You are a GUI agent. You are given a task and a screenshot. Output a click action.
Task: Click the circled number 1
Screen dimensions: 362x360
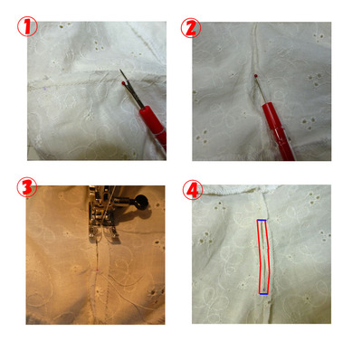(x=27, y=26)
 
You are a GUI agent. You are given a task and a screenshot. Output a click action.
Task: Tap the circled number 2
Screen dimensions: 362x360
(x=191, y=28)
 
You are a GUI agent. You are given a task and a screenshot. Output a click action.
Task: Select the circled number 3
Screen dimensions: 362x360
(x=26, y=187)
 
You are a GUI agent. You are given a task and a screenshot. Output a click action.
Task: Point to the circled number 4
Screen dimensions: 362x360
(x=193, y=190)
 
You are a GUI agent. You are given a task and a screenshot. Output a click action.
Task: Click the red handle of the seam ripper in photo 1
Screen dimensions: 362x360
(x=154, y=124)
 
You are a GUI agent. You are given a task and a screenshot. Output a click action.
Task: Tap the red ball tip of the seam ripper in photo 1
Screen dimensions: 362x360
(x=123, y=82)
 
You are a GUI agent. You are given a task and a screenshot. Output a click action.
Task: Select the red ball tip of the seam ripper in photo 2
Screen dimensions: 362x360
(x=255, y=75)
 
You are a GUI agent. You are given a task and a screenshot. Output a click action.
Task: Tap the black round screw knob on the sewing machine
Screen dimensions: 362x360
(x=141, y=202)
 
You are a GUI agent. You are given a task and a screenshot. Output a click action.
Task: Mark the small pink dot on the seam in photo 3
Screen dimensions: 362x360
(x=97, y=270)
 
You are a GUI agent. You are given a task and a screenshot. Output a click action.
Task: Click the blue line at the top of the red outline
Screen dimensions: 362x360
(x=262, y=221)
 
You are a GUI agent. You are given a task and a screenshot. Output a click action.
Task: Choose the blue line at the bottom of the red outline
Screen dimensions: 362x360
(x=263, y=293)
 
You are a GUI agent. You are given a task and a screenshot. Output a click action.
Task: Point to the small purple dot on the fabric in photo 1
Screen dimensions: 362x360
(x=45, y=89)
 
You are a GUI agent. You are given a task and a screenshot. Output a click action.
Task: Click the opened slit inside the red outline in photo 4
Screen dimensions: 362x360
(x=264, y=256)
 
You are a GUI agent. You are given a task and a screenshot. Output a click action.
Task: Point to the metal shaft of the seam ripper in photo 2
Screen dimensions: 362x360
(x=261, y=90)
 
